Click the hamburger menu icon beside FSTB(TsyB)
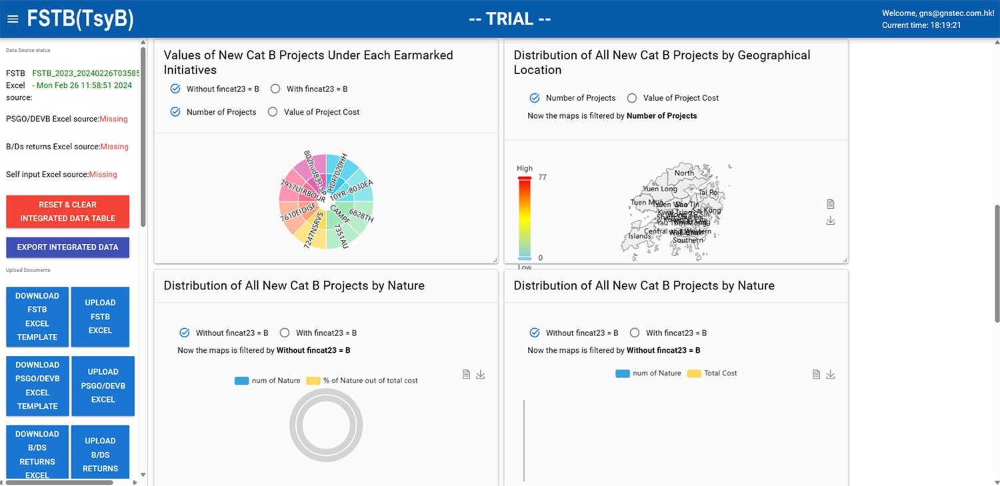click(13, 19)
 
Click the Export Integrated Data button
click(67, 247)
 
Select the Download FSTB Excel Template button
click(37, 317)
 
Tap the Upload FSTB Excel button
click(100, 317)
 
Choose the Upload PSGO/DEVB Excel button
click(103, 386)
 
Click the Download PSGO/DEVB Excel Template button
click(37, 386)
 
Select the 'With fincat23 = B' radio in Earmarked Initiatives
click(275, 89)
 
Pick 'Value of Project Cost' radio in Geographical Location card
click(632, 98)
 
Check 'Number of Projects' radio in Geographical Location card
click(535, 98)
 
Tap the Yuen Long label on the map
click(659, 189)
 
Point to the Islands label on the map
click(639, 236)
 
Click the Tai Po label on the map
click(708, 193)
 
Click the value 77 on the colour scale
click(542, 177)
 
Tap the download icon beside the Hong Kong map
click(830, 221)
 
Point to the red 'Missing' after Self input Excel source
click(103, 175)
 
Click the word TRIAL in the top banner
click(509, 19)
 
